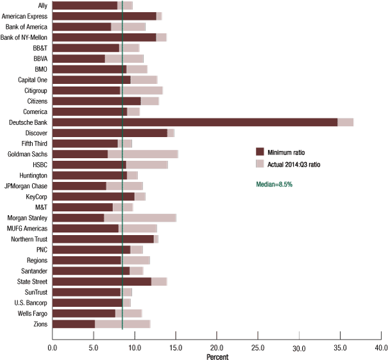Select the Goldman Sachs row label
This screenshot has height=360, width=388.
coord(27,154)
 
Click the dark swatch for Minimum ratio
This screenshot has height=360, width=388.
coord(260,151)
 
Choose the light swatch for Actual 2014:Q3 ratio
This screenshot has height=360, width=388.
coord(260,163)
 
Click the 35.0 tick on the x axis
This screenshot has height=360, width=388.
coord(340,348)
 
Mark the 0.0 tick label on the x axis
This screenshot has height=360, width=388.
coord(52,348)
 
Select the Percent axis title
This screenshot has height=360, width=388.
coord(217,356)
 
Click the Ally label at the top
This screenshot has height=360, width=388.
coord(42,5)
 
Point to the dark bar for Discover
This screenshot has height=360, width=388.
coord(109,133)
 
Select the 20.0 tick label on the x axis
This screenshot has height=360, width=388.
coord(217,348)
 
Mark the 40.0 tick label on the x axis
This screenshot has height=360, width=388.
coord(381,348)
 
